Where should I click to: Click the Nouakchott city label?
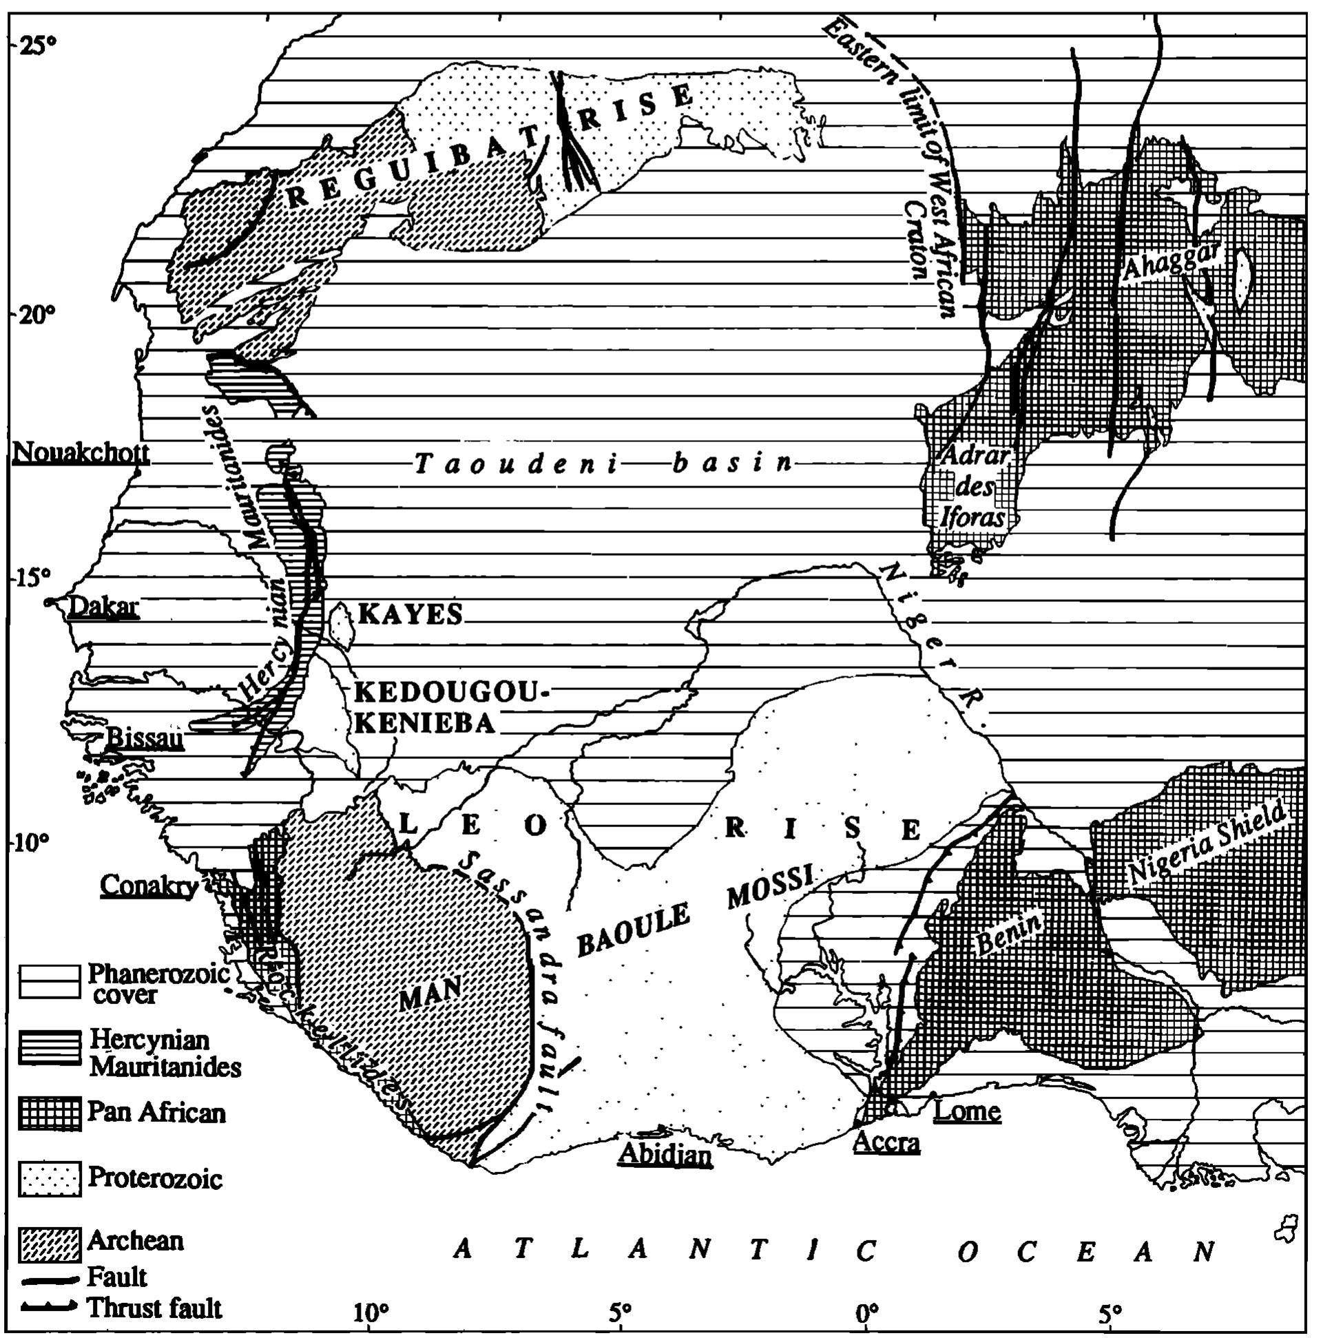tap(81, 453)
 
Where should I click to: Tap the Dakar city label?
tap(104, 607)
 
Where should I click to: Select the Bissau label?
tap(144, 739)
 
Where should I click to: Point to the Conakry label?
tap(149, 885)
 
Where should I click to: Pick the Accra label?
tap(886, 1141)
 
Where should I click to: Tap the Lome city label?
tap(967, 1110)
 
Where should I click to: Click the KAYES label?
tap(410, 614)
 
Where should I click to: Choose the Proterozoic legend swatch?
tap(49, 1179)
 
